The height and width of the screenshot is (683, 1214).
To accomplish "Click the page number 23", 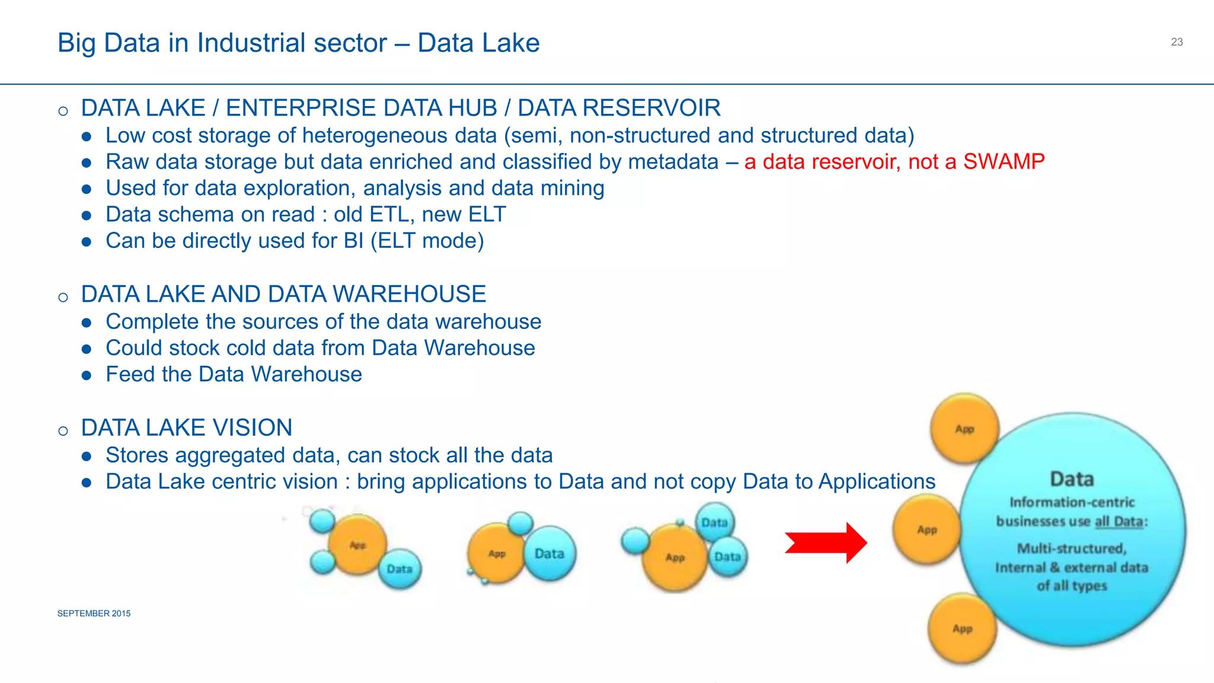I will (1177, 42).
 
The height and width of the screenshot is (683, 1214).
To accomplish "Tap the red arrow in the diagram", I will (827, 542).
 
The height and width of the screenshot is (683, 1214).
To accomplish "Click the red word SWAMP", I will (1004, 162).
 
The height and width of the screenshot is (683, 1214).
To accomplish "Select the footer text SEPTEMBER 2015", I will (94, 614).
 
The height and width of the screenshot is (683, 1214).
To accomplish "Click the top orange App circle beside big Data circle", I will (964, 428).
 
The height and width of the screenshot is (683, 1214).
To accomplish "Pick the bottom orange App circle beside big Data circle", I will (962, 628).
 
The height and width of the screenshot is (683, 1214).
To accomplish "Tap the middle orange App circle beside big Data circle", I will (927, 529).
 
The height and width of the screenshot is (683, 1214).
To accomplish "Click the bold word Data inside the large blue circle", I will (1072, 479).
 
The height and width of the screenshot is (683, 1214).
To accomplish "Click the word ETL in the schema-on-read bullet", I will (388, 215).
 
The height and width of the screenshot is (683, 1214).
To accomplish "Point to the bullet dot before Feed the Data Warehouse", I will (87, 375).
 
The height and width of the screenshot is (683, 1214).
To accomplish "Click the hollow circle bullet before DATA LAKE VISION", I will (63, 430).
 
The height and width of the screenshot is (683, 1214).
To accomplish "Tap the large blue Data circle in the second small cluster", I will (550, 554).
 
